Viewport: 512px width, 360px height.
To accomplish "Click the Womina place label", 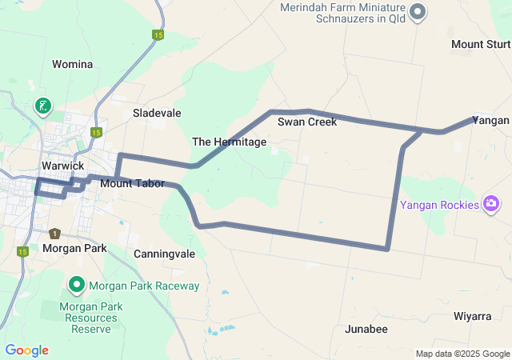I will point(72,64).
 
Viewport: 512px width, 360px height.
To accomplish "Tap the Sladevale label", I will point(157,113).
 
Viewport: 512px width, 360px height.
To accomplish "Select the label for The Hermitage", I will point(229,142).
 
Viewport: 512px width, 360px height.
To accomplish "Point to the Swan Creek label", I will point(307,122).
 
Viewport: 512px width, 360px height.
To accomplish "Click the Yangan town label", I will point(490,120).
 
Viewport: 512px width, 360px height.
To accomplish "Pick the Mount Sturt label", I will point(481,44).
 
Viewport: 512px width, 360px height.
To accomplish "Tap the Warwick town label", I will point(62,166).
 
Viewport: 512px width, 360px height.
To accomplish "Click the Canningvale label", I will point(165,254).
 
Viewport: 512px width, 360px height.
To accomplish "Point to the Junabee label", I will point(366,329).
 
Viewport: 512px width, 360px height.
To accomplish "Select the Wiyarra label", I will point(472,316).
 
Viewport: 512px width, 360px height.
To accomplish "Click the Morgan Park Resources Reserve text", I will point(89,318).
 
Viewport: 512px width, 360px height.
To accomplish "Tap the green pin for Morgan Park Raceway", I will point(77,284).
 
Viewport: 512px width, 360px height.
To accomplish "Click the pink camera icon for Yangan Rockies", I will point(492,204).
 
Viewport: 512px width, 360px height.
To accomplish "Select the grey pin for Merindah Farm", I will point(418,12).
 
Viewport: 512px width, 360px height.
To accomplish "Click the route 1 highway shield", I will point(54,234).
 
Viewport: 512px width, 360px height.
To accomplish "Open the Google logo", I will point(26,350).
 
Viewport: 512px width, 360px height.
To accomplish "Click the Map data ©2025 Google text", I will point(462,354).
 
